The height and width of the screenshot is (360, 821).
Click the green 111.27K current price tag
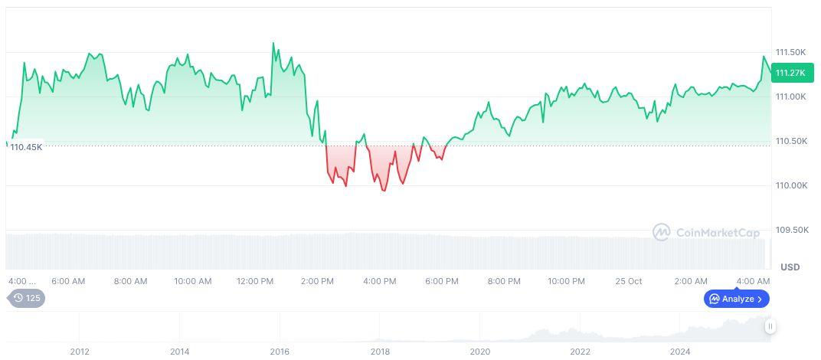[x=792, y=73]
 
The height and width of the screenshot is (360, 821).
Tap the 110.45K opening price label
[x=26, y=147]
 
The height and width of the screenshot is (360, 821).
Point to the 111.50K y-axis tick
[x=791, y=52]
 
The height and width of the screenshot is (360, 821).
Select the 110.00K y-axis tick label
[x=791, y=185]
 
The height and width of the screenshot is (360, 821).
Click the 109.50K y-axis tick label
[x=791, y=230]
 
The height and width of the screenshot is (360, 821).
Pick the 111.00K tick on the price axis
[x=791, y=97]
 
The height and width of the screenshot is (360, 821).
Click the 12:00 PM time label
[x=255, y=281]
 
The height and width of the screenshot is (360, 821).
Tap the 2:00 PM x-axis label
[x=317, y=281]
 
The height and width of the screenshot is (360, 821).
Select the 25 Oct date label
[x=629, y=281]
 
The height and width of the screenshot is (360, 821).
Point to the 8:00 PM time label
[x=504, y=281]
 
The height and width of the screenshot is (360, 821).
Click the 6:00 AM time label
[x=68, y=281]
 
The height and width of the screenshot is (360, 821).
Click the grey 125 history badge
[x=27, y=298]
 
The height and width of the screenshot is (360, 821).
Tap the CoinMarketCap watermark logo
[x=706, y=232]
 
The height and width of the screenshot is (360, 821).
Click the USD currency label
[x=790, y=267]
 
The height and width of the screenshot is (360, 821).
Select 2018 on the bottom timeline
[x=380, y=352]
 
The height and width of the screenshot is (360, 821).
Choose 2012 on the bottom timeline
[x=80, y=352]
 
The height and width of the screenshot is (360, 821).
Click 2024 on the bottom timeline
[x=680, y=352]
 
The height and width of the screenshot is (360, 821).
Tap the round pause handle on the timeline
[x=770, y=326]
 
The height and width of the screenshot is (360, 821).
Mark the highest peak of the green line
[x=274, y=44]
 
